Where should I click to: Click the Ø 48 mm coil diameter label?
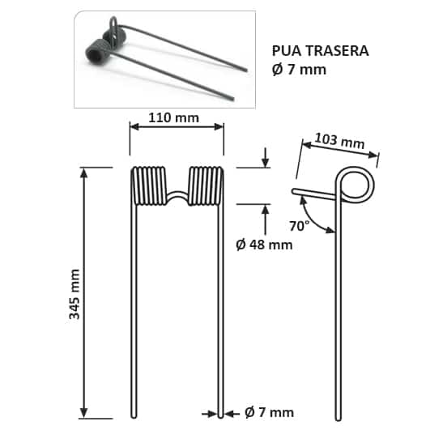263,244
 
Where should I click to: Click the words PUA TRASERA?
320,50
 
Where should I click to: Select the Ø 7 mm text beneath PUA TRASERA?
299,70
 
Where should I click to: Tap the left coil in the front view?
147,186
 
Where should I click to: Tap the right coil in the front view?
206,186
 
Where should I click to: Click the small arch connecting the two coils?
177,197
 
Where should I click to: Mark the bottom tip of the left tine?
131,415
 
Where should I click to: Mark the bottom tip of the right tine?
222,415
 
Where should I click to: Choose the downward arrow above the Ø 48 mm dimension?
265,158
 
